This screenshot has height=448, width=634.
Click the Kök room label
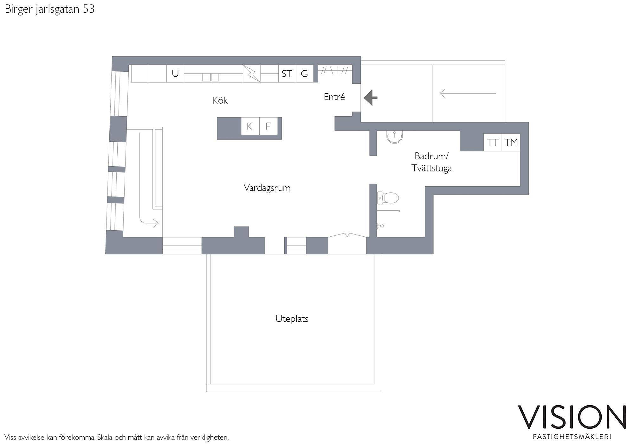coord(220,100)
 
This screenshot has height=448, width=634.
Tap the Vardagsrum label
coord(267,188)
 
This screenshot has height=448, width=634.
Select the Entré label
coord(334,97)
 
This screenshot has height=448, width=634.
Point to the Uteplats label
coord(292,319)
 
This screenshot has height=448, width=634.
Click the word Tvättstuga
coord(431,168)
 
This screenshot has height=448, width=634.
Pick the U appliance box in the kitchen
coord(175,74)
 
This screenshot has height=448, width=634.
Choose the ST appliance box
coord(287,74)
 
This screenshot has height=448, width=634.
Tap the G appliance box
coord(304,74)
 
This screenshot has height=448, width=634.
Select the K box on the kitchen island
coord(250,126)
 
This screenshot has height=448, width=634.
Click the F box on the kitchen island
coord(268,126)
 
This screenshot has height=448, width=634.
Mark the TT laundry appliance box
coord(493,142)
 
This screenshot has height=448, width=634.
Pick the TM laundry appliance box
coord(511,142)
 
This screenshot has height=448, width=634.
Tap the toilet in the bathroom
coord(388,198)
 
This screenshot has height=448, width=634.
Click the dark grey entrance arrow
coord(370,98)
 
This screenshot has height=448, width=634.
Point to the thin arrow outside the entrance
coord(468,93)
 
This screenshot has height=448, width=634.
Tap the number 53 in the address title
coord(89,9)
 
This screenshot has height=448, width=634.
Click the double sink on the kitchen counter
coord(210,77)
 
